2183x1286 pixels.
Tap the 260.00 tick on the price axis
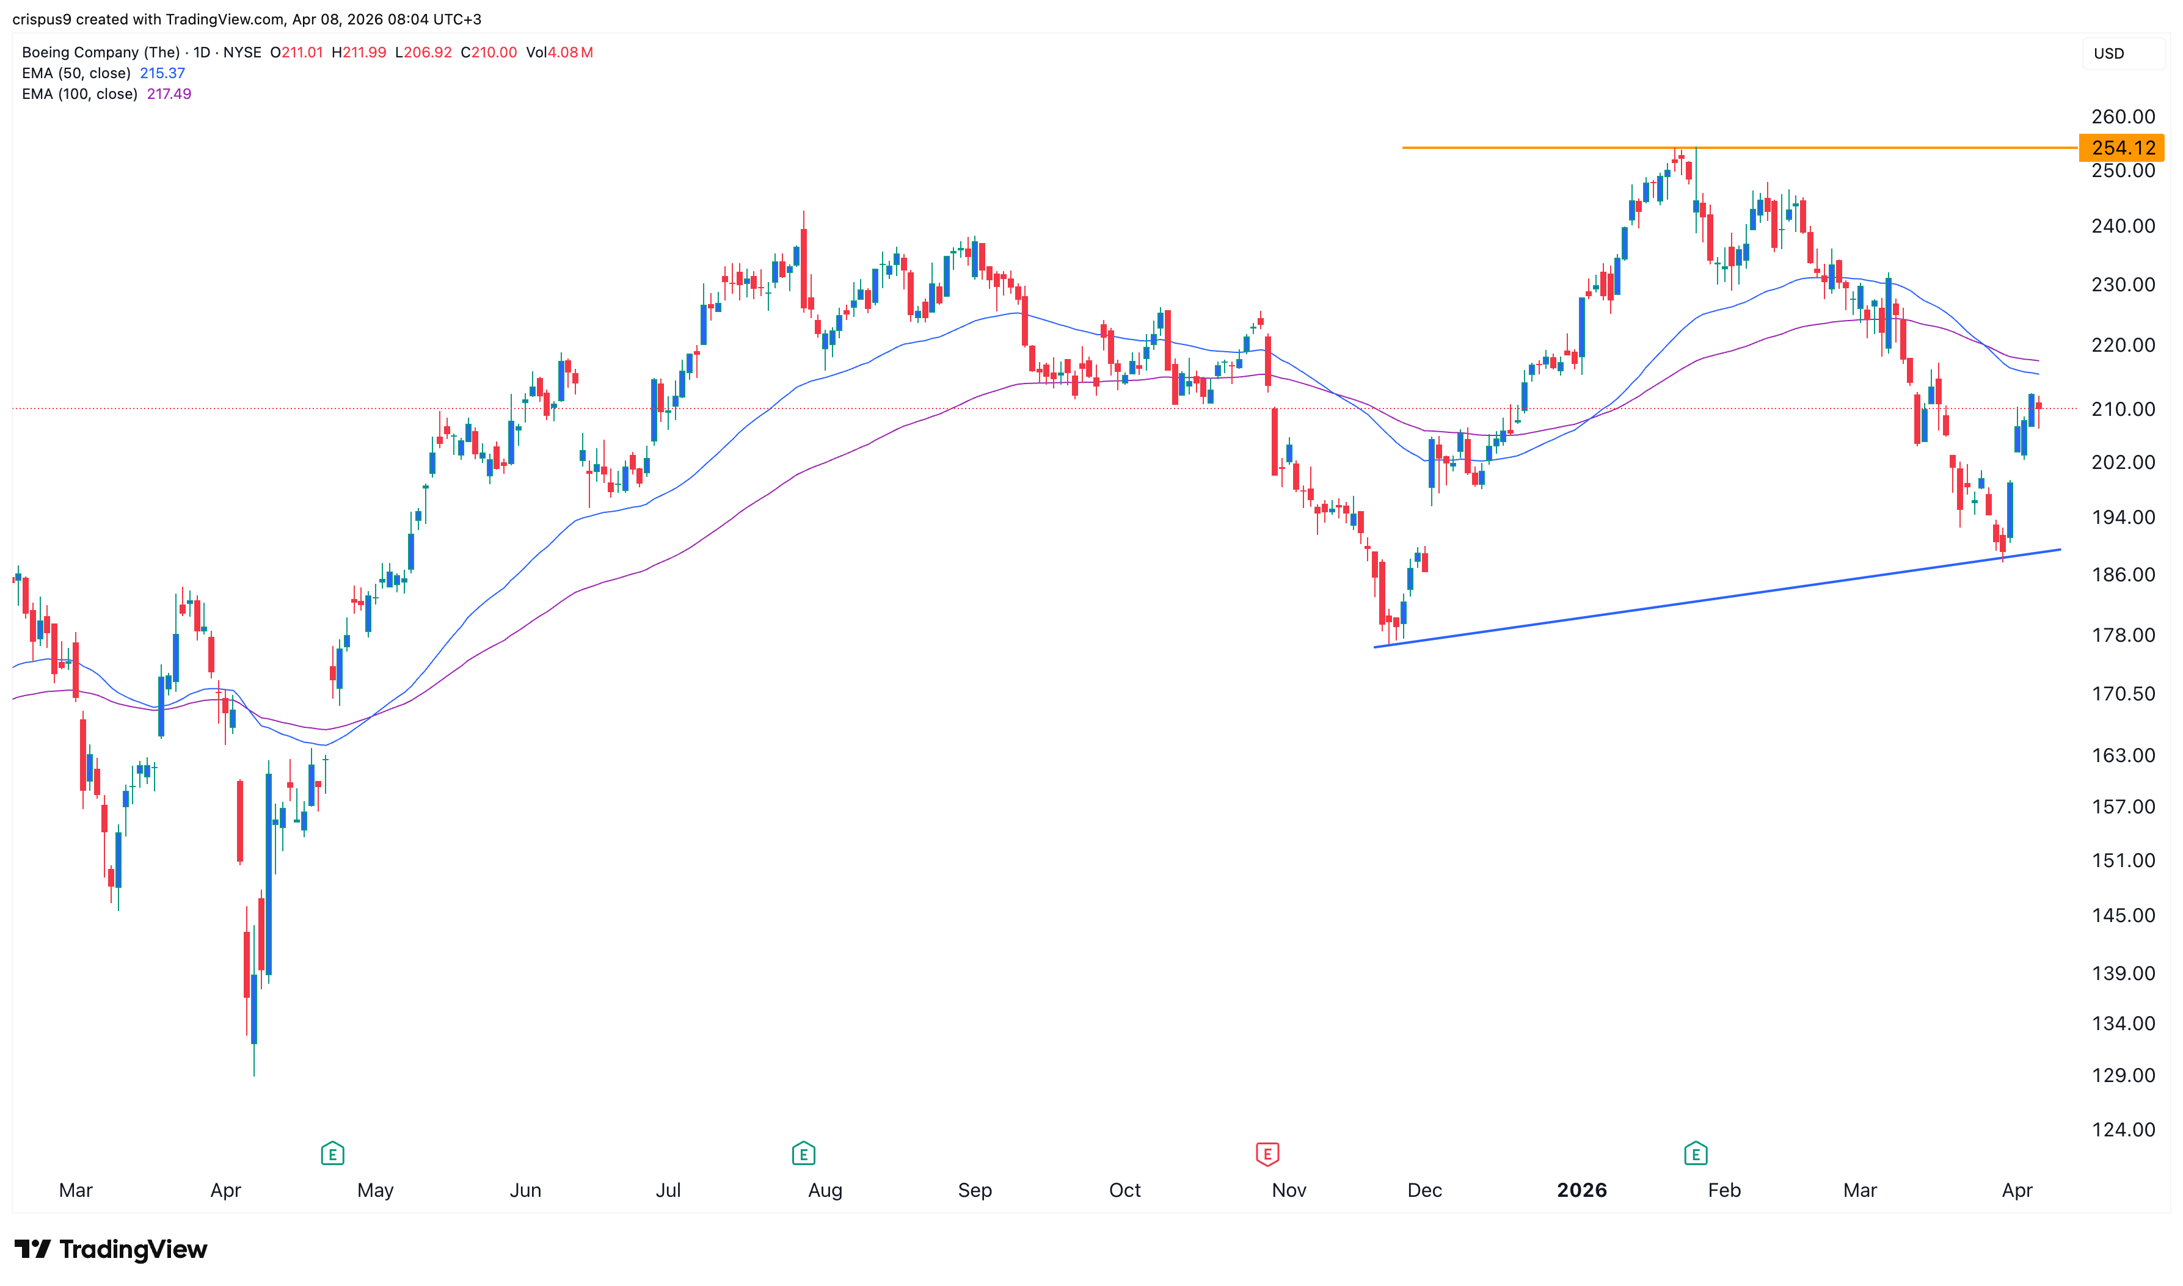click(2123, 117)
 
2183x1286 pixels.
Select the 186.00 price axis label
click(2123, 575)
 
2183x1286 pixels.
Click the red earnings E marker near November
click(1267, 1153)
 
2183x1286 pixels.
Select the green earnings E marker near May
click(332, 1153)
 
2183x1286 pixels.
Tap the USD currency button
click(2108, 54)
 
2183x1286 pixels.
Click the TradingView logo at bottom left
click(111, 1249)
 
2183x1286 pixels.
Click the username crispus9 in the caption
click(42, 19)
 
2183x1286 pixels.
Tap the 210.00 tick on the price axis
click(2123, 409)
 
